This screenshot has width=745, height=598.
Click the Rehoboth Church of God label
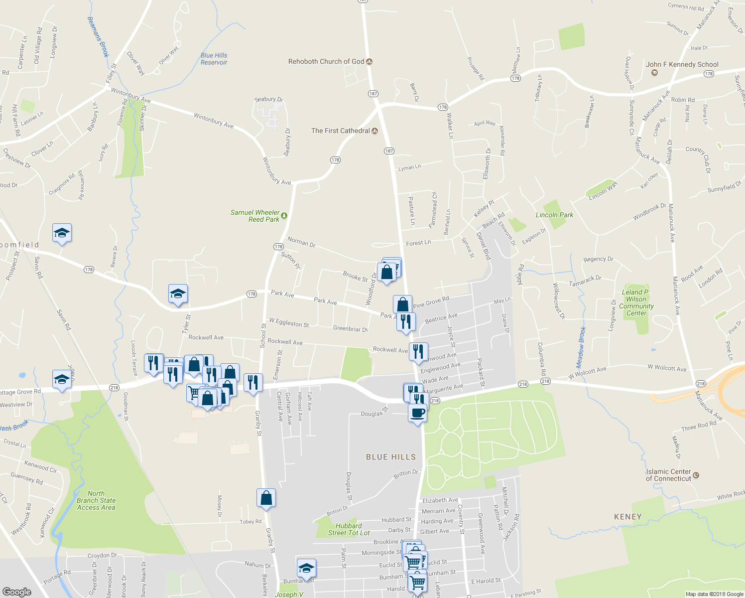coord(326,62)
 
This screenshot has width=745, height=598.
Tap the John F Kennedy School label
coord(682,65)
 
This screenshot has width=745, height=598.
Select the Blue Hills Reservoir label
coord(214,59)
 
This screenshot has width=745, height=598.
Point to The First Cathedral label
coord(341,131)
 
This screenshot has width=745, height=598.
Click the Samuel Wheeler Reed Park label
coord(255,216)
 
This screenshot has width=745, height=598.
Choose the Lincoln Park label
coord(554,215)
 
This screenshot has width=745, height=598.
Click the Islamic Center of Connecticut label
coord(668,475)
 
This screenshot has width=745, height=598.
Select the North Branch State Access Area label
coord(96,500)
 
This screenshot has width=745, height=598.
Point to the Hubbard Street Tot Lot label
coord(349,529)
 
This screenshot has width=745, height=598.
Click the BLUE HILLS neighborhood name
coord(390,457)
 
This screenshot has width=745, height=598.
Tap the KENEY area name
coord(627,517)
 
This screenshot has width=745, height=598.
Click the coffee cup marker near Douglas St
coord(417,413)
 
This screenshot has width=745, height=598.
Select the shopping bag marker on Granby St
coord(266,497)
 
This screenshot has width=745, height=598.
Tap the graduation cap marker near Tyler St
coord(178,294)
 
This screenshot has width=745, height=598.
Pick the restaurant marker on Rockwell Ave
coord(418,351)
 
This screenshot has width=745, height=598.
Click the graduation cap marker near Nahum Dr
coord(306,568)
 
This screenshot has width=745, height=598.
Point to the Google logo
coord(17,592)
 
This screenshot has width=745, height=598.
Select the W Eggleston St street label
coord(289,323)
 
